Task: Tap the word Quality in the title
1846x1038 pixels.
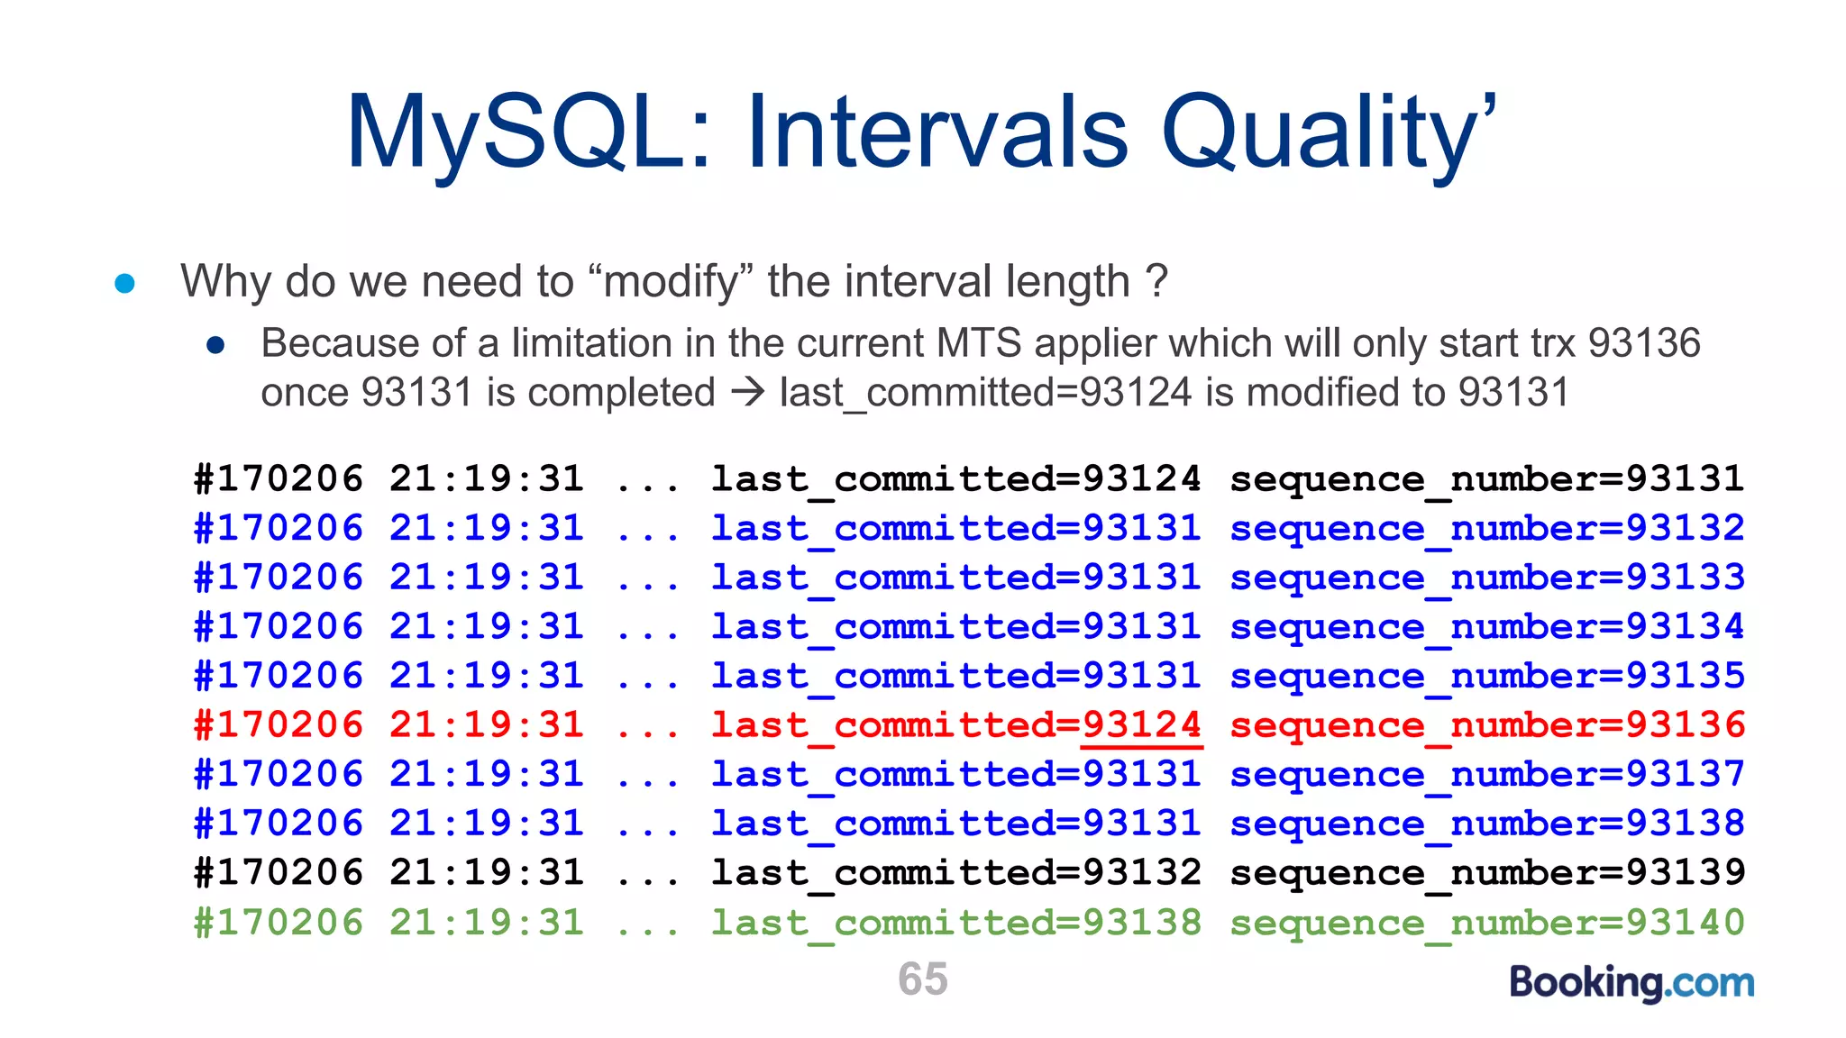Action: click(x=1316, y=135)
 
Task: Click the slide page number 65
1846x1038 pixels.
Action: click(x=922, y=979)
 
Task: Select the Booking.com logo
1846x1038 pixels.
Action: click(x=1631, y=982)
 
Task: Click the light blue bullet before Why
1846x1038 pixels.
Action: click(x=125, y=284)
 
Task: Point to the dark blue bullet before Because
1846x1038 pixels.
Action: click(x=215, y=345)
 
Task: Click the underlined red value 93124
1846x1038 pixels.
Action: click(x=1141, y=725)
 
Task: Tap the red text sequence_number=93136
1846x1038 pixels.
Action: click(x=1487, y=725)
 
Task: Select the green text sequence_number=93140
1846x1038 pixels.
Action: click(x=1487, y=923)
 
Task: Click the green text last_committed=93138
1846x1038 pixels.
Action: click(x=955, y=923)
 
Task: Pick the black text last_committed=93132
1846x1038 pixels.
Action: click(x=955, y=873)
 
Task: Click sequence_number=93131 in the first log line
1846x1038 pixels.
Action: click(x=1487, y=479)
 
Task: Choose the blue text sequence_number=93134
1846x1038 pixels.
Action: click(x=1487, y=627)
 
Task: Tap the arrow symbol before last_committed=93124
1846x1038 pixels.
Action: click(x=747, y=393)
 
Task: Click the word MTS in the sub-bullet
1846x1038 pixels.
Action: click(x=978, y=343)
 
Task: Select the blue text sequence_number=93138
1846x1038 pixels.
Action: click(x=1487, y=824)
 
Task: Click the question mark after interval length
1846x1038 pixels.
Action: click(x=1157, y=281)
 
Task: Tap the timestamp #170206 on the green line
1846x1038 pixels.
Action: click(x=279, y=923)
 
